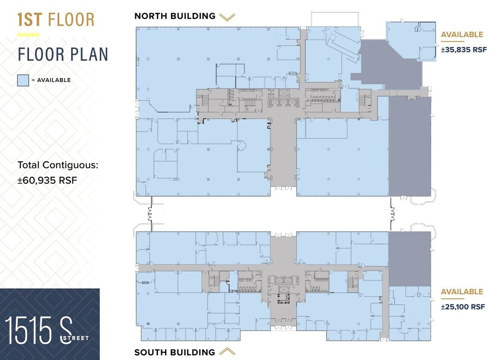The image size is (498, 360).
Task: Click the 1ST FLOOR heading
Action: click(56, 20)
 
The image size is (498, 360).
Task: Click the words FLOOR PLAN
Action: click(63, 55)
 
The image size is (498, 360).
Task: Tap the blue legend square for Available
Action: click(23, 80)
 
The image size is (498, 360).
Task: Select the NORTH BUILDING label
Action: click(175, 16)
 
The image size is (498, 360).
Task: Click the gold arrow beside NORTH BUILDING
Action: click(227, 17)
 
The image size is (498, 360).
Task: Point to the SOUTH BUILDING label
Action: click(175, 352)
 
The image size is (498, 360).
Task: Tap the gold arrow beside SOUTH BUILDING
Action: click(227, 352)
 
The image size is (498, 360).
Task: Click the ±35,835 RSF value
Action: click(464, 49)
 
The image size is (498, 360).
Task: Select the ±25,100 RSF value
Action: click(463, 307)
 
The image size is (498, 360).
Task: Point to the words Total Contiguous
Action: click(58, 165)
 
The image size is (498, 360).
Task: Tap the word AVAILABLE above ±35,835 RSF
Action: click(462, 35)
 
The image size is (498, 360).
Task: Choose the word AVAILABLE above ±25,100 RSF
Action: click(462, 292)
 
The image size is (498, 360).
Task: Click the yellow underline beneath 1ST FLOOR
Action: click(28, 35)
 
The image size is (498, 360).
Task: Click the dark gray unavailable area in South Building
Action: click(410, 258)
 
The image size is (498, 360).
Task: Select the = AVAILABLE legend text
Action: click(51, 80)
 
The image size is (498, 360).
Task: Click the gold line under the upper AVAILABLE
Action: click(453, 42)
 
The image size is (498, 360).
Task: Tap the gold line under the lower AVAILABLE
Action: click(453, 299)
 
